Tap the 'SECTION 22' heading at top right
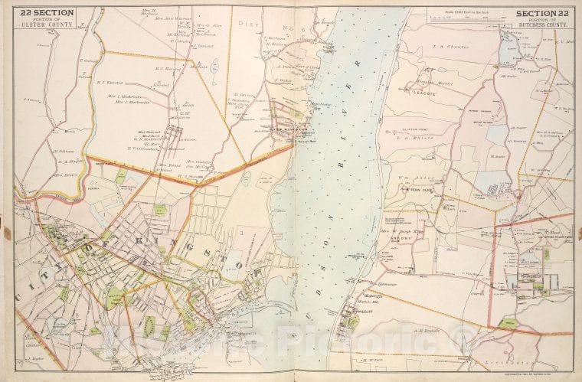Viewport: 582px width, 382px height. click(542, 13)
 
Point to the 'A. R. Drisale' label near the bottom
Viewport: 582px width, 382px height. click(426, 331)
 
